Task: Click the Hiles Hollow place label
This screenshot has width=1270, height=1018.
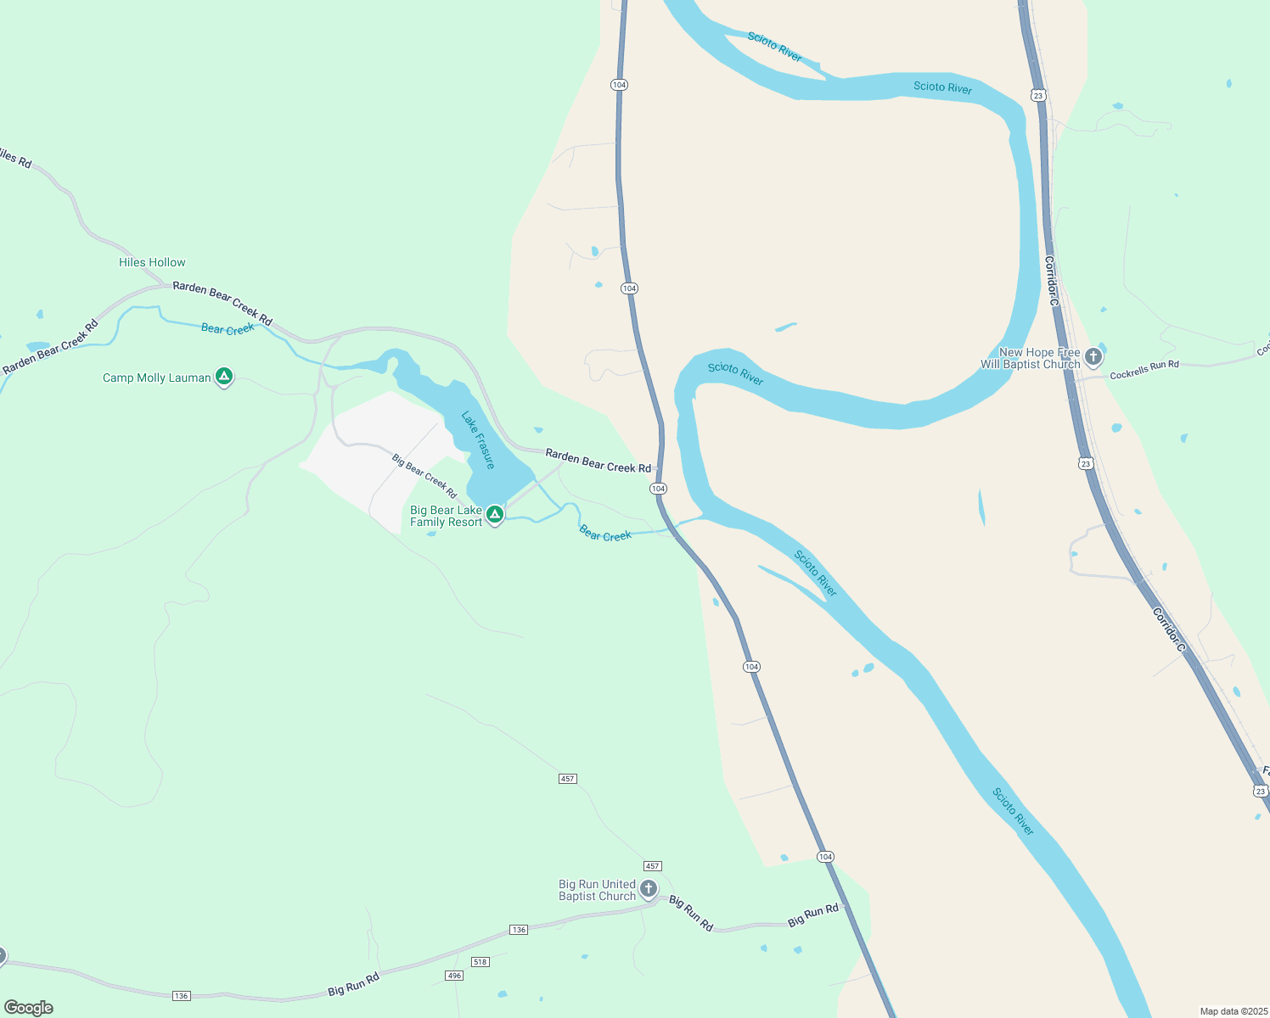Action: [152, 263]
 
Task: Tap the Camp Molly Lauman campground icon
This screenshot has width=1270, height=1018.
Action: [224, 377]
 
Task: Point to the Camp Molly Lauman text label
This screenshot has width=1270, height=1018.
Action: [157, 378]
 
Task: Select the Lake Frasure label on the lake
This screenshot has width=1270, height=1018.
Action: [478, 439]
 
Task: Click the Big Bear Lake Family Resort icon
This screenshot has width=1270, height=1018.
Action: [494, 514]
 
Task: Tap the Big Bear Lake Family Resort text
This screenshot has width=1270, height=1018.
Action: [446, 517]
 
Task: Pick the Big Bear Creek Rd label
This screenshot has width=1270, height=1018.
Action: [424, 476]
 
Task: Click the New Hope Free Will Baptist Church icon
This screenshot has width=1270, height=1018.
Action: [1093, 356]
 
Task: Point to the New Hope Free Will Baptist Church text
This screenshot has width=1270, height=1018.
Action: [1031, 359]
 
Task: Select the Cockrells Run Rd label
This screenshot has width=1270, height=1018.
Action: [1144, 370]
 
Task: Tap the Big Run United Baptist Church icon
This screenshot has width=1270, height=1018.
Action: [649, 889]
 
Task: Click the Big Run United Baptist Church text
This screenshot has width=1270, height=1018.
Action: [597, 891]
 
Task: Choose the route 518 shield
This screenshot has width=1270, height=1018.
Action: [480, 961]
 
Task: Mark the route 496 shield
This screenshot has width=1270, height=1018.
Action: [454, 976]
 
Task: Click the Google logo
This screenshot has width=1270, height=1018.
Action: [28, 1008]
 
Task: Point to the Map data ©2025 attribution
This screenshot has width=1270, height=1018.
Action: [1232, 1011]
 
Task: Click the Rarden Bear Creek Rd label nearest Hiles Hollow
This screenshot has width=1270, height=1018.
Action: [222, 303]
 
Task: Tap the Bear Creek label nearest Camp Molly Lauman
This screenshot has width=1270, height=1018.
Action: [228, 329]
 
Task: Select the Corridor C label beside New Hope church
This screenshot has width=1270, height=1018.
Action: [1052, 281]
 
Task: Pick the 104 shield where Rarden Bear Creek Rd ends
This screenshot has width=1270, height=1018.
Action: [658, 489]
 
